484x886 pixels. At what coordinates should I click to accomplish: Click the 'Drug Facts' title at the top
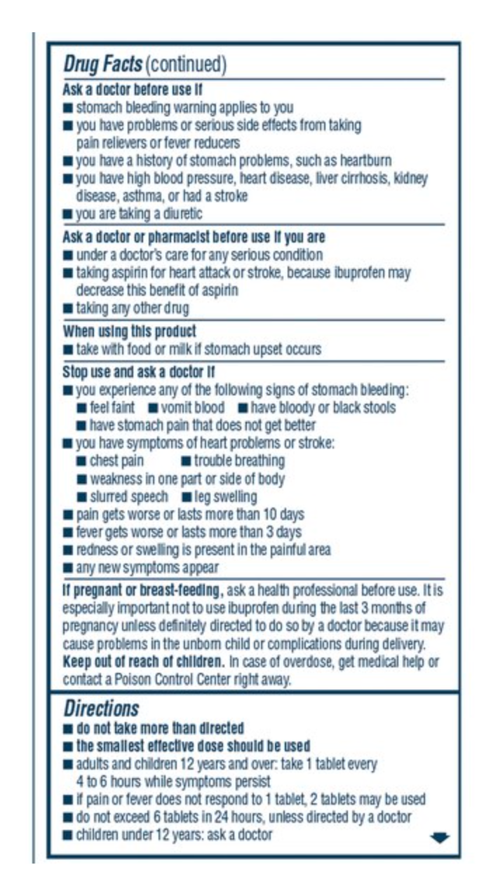pyautogui.click(x=102, y=65)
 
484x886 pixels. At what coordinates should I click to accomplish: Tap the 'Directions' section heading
pyautogui.click(x=102, y=708)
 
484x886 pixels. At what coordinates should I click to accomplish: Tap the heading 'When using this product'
pyautogui.click(x=130, y=331)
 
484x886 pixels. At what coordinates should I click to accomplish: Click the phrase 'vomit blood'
pyautogui.click(x=192, y=407)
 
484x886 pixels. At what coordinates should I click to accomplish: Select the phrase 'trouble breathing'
pyautogui.click(x=239, y=461)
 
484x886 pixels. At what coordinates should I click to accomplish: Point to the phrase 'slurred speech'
pyautogui.click(x=129, y=497)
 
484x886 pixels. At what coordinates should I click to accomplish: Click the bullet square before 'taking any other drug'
pyautogui.click(x=67, y=308)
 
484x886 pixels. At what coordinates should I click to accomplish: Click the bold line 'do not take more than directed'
pyautogui.click(x=160, y=728)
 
